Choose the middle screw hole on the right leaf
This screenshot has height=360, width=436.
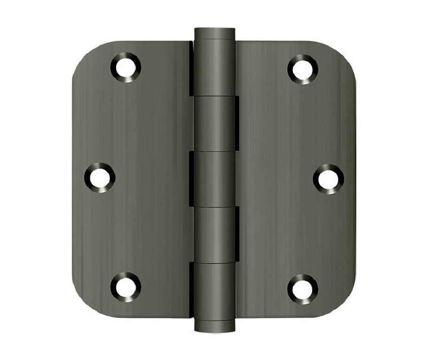(328, 178)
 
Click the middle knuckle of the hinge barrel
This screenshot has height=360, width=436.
(214, 179)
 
